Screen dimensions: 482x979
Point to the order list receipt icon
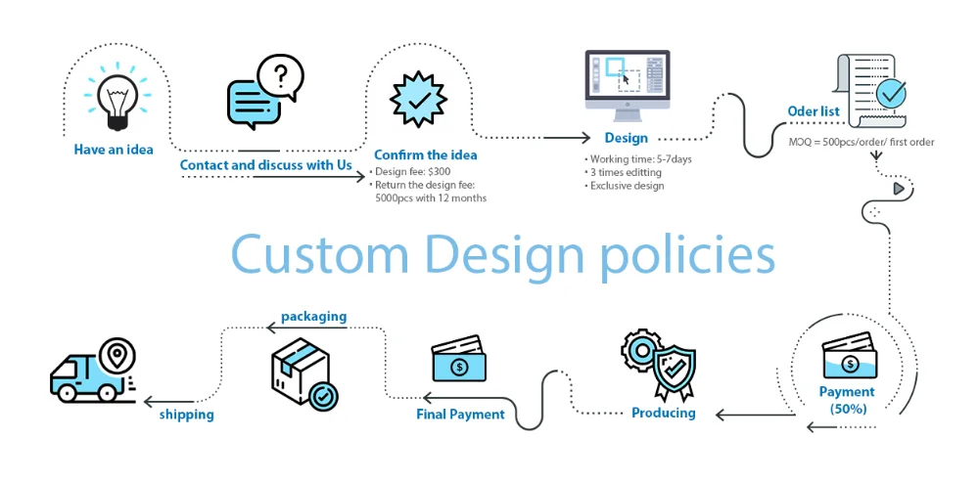pos(870,91)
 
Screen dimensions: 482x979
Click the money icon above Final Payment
pos(458,360)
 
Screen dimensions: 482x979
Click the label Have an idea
pos(114,151)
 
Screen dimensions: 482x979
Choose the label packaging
pos(313,317)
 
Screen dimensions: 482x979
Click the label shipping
pos(186,415)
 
